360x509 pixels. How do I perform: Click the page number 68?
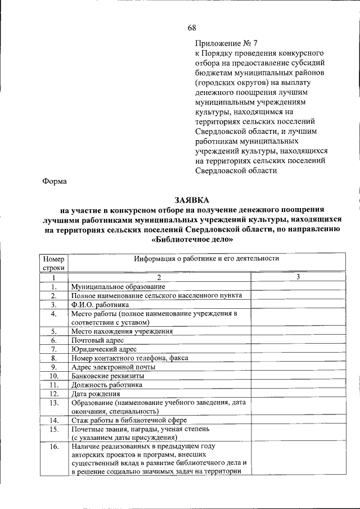192,29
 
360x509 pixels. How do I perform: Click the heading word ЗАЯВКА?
191,200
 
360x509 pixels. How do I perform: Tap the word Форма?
55,181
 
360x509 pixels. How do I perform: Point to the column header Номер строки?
53,263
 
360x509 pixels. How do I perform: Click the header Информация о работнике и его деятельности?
206,259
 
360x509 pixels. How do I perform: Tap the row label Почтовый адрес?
97,340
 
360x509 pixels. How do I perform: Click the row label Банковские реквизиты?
107,376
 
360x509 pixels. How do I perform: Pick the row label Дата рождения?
95,394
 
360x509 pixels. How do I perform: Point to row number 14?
53,420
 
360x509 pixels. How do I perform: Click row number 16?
53,447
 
